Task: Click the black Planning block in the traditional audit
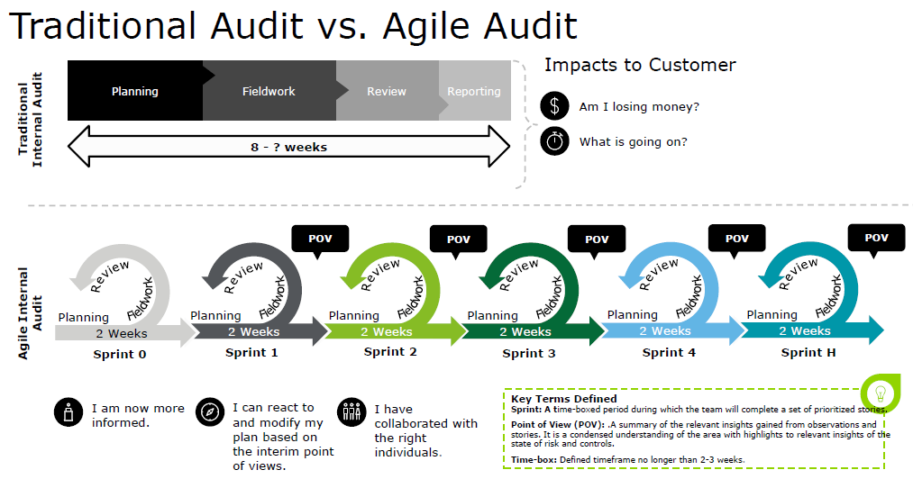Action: [x=135, y=91]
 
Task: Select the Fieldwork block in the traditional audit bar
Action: [x=269, y=91]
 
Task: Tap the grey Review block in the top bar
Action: [x=387, y=91]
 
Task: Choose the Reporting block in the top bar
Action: [x=474, y=91]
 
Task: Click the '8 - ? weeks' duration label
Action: [x=288, y=146]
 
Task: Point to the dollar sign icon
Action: [x=554, y=106]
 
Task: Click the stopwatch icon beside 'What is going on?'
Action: [x=554, y=141]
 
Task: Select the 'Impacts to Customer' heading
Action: [x=640, y=65]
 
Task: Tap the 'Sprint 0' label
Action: [x=119, y=354]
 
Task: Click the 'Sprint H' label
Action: [x=808, y=352]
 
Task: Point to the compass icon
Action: [x=209, y=411]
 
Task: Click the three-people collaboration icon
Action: [x=351, y=411]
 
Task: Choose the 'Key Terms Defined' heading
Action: [x=563, y=398]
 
